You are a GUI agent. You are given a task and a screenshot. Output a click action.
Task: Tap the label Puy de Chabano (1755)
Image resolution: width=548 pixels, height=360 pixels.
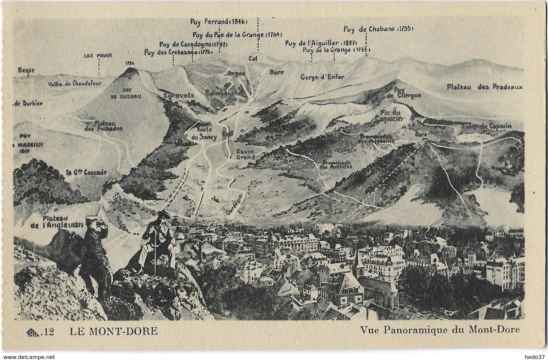(378, 29)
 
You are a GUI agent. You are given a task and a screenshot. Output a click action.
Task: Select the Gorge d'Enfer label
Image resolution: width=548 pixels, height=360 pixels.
(322, 77)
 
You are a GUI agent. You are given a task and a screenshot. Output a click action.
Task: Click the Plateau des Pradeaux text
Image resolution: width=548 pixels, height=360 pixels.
(485, 87)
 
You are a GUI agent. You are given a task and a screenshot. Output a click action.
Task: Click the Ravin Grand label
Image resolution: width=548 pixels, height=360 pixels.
(245, 154)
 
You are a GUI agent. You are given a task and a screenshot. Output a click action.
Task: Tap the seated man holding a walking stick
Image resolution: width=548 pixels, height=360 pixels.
(158, 243)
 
